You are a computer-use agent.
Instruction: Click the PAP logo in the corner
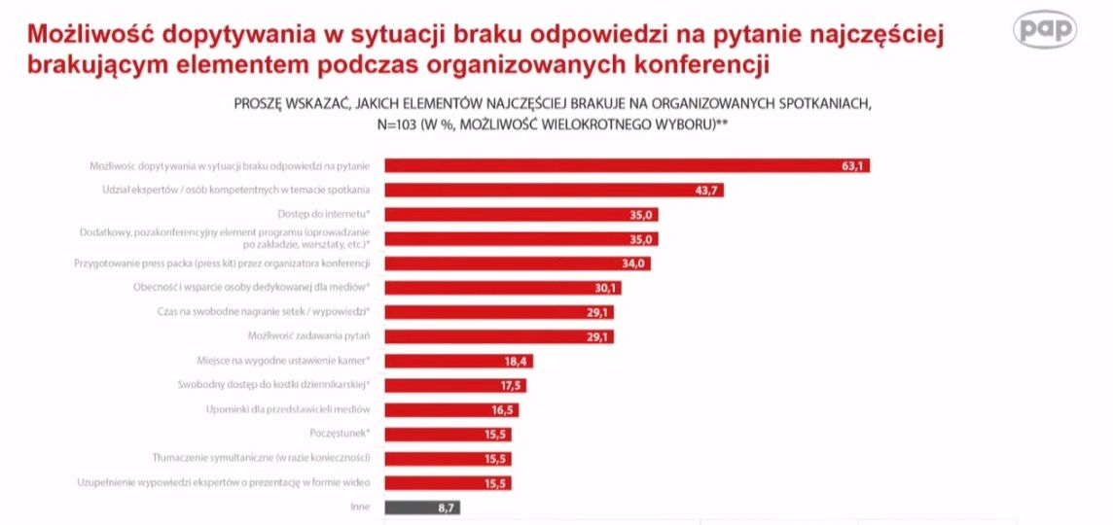1045,30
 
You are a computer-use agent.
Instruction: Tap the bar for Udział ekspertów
554,191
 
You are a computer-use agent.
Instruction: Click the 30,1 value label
606,288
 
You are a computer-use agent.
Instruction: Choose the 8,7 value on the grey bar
447,507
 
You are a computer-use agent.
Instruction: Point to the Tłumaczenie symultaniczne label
260,458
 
